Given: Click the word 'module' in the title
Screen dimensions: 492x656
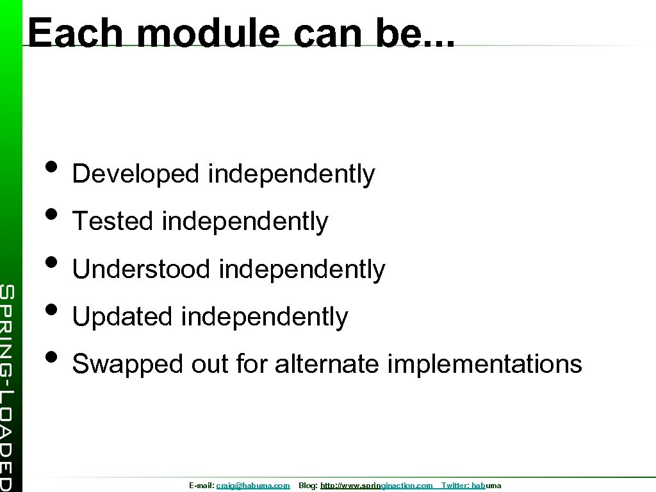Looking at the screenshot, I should pyautogui.click(x=208, y=33).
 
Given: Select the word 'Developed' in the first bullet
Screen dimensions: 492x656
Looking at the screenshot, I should pyautogui.click(x=136, y=174).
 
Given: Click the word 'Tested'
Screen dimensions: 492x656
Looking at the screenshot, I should pyautogui.click(x=113, y=222).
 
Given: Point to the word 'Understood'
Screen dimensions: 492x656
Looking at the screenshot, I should pyautogui.click(x=141, y=269).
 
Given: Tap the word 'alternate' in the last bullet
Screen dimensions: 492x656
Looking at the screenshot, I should pyautogui.click(x=327, y=364).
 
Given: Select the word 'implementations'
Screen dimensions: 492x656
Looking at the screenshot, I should pyautogui.click(x=485, y=364).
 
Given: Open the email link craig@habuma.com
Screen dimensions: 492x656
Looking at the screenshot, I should pyautogui.click(x=253, y=486).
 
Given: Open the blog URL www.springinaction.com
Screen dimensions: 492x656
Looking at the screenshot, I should pyautogui.click(x=376, y=486).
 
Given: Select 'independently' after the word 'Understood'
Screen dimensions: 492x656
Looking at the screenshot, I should pyautogui.click(x=302, y=269).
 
